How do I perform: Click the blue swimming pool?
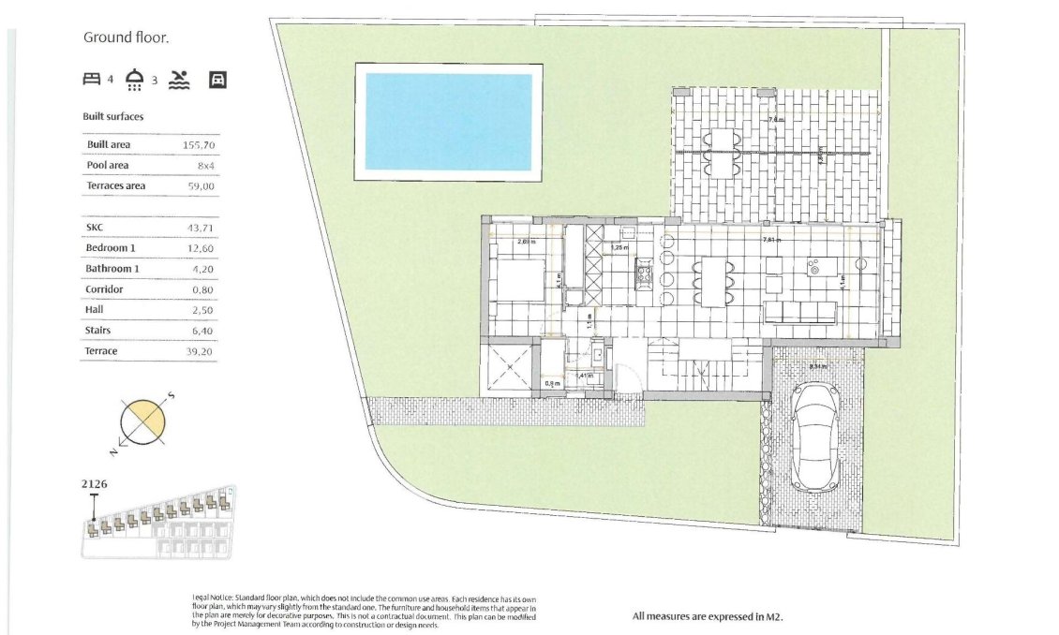pos(448,122)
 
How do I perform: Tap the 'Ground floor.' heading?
pos(126,38)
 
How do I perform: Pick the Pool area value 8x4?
pos(205,166)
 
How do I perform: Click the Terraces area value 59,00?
pos(201,186)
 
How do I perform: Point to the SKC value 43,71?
pos(201,228)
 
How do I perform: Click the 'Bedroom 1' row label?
pos(111,248)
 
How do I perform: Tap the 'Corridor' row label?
pos(104,289)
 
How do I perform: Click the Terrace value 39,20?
pos(201,351)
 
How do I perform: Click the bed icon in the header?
pos(92,80)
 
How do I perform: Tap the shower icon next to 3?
pos(136,79)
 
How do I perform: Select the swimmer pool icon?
pos(180,80)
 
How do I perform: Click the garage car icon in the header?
pos(217,80)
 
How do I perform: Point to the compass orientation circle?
pos(144,421)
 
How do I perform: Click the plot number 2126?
pos(96,484)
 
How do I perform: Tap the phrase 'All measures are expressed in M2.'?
pos(707,616)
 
